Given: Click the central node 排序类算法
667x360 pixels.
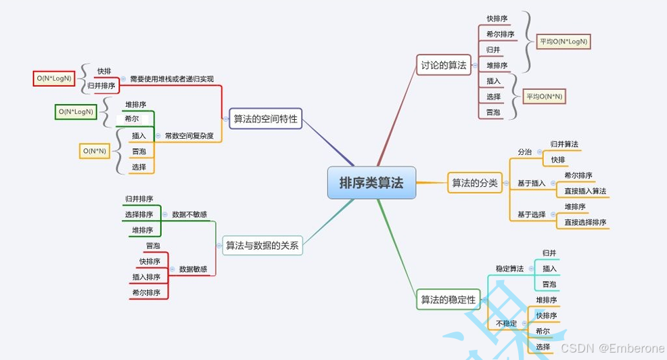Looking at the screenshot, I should click(x=371, y=183).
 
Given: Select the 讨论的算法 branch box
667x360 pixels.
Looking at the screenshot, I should click(x=444, y=65).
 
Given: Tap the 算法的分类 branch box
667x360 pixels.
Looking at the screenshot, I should click(x=475, y=183).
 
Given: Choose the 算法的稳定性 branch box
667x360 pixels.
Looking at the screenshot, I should click(x=448, y=299).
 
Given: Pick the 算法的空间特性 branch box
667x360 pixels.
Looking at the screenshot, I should click(x=265, y=118).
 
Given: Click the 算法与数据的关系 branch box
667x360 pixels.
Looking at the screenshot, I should click(x=262, y=246).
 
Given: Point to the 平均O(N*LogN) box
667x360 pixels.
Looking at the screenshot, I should click(x=563, y=42).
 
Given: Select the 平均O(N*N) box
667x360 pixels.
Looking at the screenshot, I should click(x=544, y=96).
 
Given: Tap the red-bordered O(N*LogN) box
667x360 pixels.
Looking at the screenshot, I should click(x=55, y=78).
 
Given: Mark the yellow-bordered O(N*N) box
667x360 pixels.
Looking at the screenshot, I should click(x=95, y=150).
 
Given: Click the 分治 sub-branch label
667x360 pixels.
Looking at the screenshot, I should click(x=525, y=152).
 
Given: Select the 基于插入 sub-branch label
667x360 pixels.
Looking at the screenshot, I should click(x=532, y=183).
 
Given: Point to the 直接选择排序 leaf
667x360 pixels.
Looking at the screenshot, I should click(x=585, y=222).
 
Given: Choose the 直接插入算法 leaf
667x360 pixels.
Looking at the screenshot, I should click(x=585, y=191).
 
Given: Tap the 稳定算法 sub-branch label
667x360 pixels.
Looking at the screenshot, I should click(x=509, y=269).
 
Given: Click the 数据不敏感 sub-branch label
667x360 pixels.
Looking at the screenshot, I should click(x=189, y=214).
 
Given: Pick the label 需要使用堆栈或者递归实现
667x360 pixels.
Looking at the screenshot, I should click(x=172, y=78).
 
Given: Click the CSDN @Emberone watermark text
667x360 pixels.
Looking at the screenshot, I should click(x=612, y=347).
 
